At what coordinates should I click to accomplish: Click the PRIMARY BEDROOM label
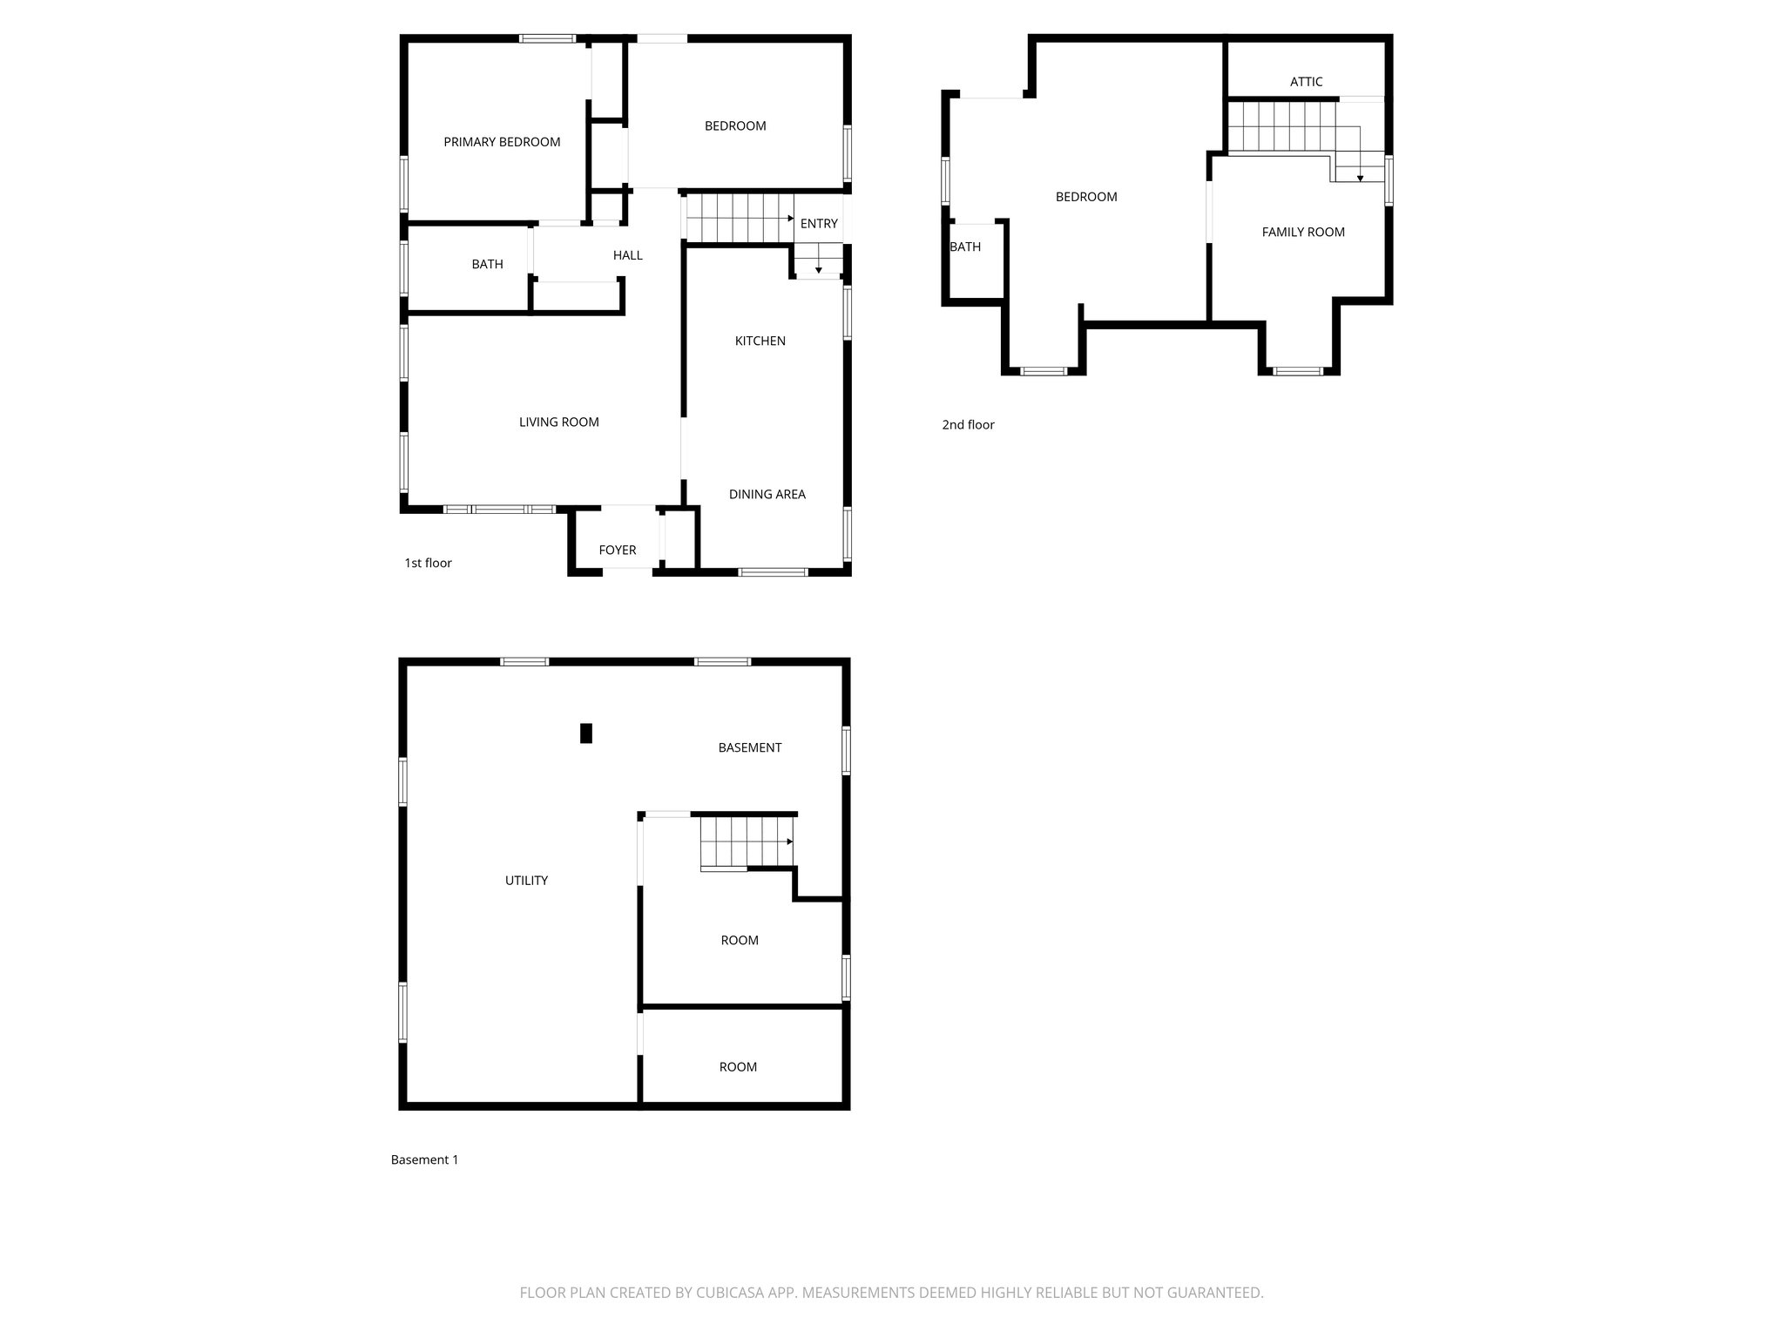[502, 142]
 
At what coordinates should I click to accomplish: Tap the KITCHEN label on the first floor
[760, 341]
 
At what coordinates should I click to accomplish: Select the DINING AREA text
[767, 494]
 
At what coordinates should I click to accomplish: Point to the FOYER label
[617, 550]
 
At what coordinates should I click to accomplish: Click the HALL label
[627, 255]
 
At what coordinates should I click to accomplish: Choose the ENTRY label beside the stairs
[819, 224]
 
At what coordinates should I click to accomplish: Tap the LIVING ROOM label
[558, 422]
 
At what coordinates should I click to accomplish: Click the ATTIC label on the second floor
[1306, 82]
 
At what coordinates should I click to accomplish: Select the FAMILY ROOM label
[1302, 232]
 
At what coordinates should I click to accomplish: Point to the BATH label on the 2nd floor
[965, 247]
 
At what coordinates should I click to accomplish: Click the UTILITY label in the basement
[526, 881]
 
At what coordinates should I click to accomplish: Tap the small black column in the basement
[586, 733]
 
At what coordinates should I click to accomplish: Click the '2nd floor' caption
[968, 425]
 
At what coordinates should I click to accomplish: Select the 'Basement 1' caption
[424, 1159]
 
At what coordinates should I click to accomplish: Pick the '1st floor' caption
[428, 563]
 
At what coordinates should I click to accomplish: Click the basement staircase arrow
[789, 841]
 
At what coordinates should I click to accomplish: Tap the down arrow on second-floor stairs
[1360, 178]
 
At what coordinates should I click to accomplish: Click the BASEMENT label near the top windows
[749, 747]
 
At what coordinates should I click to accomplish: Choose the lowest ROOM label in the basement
[738, 1067]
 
